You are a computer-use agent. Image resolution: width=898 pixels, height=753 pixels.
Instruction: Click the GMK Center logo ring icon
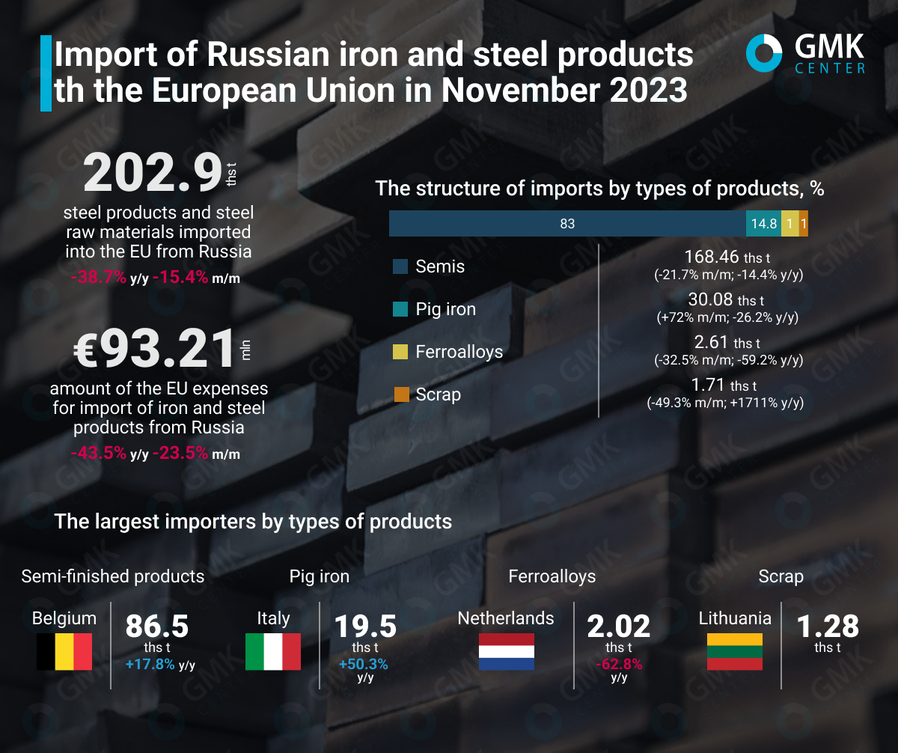point(764,54)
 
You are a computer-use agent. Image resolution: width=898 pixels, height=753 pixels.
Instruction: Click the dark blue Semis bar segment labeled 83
point(566,223)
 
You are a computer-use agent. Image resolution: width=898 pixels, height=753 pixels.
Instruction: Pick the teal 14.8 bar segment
point(763,223)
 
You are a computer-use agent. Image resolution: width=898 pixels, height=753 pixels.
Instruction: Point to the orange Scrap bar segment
point(803,223)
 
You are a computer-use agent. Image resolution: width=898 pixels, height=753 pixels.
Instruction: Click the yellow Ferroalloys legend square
point(401,352)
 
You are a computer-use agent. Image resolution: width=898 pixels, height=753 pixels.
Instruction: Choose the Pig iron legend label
point(446,309)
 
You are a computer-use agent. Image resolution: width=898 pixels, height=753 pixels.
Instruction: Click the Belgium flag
point(64,651)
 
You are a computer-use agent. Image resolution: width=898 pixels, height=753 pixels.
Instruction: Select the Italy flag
point(273,651)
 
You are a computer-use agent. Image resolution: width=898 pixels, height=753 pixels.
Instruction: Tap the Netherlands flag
point(506,651)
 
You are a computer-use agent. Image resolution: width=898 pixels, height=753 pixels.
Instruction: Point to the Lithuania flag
point(735,651)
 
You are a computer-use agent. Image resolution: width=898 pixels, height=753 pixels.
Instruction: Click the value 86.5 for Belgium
point(156,626)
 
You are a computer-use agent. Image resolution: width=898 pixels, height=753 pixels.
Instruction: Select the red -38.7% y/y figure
point(99,278)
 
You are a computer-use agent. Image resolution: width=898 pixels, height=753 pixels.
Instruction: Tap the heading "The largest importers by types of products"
point(253,521)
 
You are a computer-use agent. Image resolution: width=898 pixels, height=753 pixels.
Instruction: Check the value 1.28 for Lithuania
point(828,626)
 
